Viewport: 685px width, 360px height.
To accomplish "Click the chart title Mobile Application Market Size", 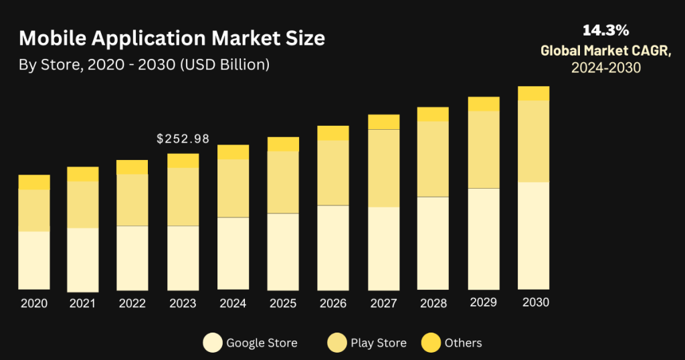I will (x=172, y=38).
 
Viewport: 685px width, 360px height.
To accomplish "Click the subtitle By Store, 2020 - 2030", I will (x=144, y=64).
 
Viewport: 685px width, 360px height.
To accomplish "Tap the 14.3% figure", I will (x=605, y=30).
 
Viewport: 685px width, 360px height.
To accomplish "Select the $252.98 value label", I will (x=183, y=139).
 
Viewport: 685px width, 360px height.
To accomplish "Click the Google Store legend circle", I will (x=212, y=343).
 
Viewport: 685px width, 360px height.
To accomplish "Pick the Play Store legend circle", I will (x=336, y=343).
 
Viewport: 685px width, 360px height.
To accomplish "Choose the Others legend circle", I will (x=431, y=343).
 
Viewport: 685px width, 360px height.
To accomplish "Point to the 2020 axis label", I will (x=34, y=303).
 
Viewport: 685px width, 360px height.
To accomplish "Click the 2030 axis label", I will (x=535, y=302).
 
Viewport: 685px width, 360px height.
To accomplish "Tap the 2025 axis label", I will (x=283, y=303).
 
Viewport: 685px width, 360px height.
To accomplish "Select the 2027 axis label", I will (x=383, y=303).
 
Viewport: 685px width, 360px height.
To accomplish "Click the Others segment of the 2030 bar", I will (x=533, y=93).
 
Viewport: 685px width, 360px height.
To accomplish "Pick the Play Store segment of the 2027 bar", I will (x=383, y=168).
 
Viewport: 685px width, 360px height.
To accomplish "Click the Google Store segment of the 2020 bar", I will (x=34, y=260).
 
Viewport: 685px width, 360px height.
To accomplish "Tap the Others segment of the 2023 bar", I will (x=183, y=161).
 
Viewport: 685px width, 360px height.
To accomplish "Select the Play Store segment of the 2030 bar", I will (x=533, y=141).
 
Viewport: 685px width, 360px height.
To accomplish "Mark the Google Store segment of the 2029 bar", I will (x=484, y=239).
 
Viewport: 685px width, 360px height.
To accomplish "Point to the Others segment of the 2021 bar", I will (x=83, y=174).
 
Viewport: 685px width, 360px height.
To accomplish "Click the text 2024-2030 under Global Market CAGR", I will (x=605, y=68).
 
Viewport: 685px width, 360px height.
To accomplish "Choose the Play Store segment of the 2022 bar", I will (x=132, y=200).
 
